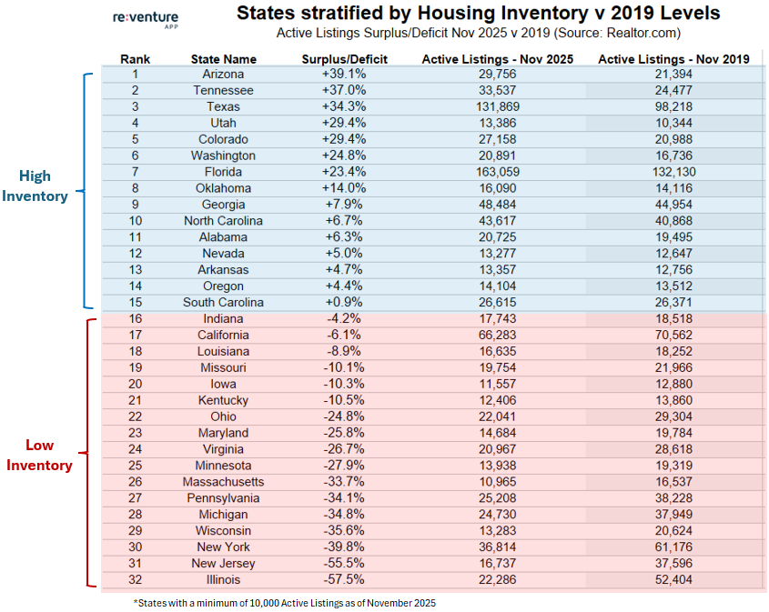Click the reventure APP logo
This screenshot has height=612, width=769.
tap(147, 20)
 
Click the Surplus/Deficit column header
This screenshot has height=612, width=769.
tap(345, 59)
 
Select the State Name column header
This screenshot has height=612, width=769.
tap(224, 59)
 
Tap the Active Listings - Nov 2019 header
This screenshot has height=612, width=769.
tap(673, 59)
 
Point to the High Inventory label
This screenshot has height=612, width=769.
tap(36, 186)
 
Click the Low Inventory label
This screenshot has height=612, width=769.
tap(39, 456)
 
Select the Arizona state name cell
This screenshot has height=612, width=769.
tap(224, 75)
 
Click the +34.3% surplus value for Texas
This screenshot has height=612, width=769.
tap(345, 107)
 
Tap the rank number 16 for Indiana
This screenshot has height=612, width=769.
tap(135, 319)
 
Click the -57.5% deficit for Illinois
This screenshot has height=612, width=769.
tap(345, 579)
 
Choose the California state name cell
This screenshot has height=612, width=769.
tap(224, 336)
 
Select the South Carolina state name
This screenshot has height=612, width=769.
tap(224, 302)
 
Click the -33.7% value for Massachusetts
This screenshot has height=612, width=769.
tap(345, 482)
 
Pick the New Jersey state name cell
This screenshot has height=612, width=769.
tap(224, 563)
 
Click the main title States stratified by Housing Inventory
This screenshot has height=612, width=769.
tap(478, 14)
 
